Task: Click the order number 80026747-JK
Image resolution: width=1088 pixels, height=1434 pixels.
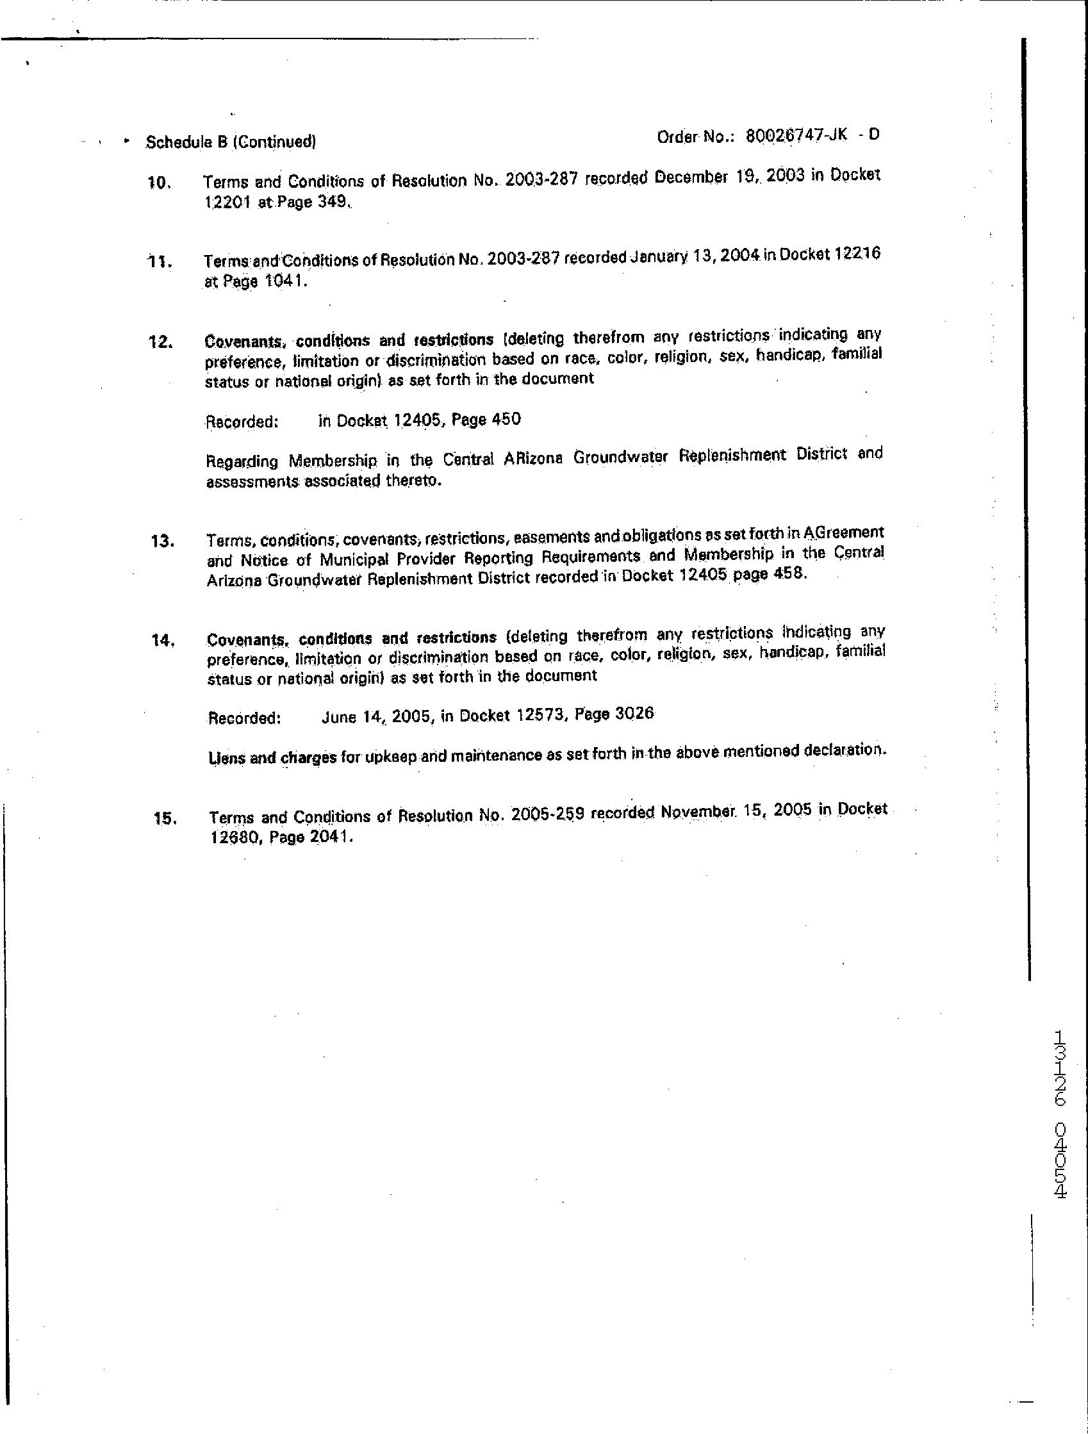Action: click(x=797, y=136)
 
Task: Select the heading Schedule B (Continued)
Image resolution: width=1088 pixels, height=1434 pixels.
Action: click(x=231, y=142)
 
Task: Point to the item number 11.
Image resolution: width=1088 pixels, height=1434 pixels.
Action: click(x=160, y=263)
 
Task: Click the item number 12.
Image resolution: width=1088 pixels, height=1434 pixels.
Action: click(x=160, y=342)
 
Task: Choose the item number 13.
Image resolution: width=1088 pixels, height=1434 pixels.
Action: click(x=161, y=541)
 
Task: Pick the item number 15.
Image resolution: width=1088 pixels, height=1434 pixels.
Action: click(x=165, y=819)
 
